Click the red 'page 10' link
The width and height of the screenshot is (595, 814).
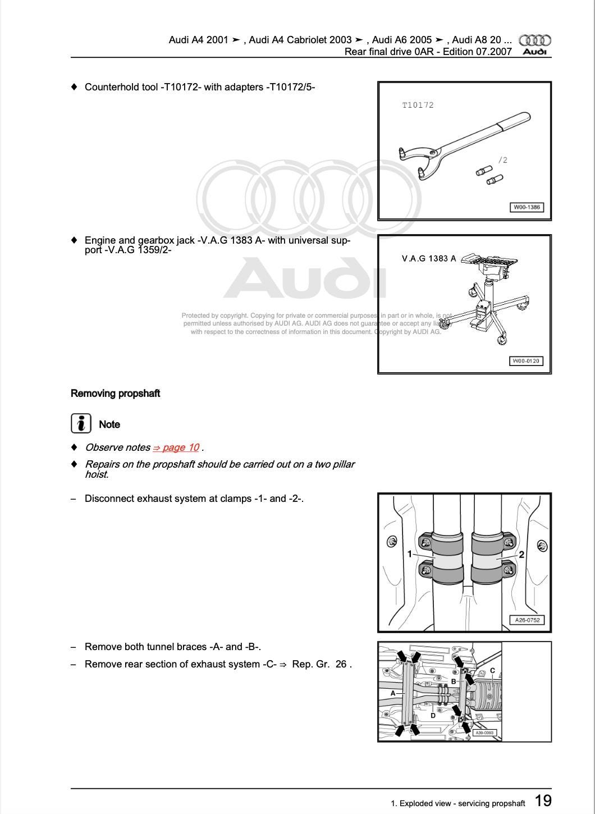(x=176, y=447)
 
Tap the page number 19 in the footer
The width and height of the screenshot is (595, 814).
(x=542, y=801)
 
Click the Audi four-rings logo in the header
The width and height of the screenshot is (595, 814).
(x=534, y=40)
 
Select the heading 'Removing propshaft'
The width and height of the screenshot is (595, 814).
(x=115, y=394)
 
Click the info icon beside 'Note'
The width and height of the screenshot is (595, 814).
(x=81, y=424)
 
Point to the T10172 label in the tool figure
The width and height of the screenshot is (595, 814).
(x=418, y=105)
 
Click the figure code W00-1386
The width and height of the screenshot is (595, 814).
(x=527, y=207)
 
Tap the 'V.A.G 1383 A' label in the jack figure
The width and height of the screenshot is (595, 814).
(x=429, y=258)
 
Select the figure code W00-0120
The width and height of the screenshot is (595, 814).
(x=526, y=361)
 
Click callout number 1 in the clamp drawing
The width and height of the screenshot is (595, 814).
(x=410, y=554)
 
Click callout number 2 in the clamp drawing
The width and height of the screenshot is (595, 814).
(x=521, y=555)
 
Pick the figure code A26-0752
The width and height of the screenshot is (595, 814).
(x=527, y=620)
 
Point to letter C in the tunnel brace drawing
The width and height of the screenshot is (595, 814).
(x=492, y=670)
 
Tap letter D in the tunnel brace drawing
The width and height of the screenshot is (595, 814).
(x=433, y=715)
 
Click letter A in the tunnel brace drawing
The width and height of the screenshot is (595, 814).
(x=393, y=693)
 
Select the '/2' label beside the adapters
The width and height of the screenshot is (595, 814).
(x=502, y=160)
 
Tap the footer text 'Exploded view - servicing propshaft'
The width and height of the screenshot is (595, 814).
(x=462, y=803)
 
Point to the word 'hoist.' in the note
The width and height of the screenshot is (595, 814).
(x=97, y=474)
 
